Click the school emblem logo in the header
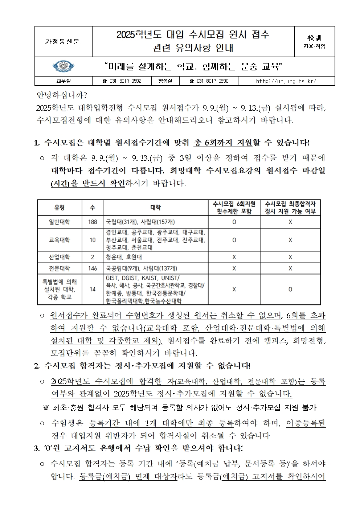point(64,67)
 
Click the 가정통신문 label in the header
point(62,42)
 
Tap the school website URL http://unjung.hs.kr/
point(286,81)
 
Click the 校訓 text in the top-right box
point(314,38)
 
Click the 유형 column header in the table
point(60,208)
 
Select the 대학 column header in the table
point(155,208)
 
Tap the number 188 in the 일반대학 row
point(93,222)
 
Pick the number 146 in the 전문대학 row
point(93,268)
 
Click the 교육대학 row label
point(60,240)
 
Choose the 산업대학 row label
point(60,257)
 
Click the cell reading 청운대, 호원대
point(124,257)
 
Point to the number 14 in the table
point(93,289)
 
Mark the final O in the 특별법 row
point(290,289)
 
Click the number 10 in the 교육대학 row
point(93,240)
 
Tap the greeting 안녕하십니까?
point(62,95)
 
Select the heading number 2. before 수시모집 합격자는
point(37,366)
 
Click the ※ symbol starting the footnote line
point(46,408)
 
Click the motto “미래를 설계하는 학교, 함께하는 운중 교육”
point(193,67)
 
